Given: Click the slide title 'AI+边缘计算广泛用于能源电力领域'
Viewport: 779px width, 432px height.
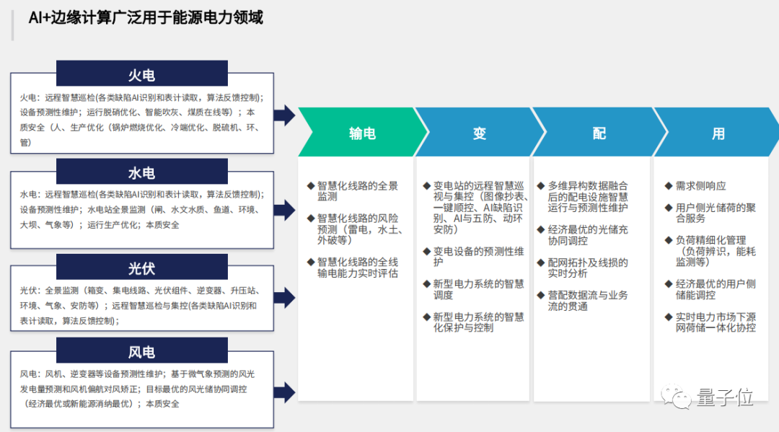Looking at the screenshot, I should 145,18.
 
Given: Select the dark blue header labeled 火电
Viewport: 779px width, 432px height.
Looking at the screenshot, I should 141,75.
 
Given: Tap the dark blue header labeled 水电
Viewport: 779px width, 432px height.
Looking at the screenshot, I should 141,173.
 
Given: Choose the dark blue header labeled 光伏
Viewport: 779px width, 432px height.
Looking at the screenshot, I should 141,268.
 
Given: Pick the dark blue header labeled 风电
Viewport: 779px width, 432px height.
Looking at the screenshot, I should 141,352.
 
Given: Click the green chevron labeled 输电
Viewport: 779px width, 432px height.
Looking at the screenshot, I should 361,133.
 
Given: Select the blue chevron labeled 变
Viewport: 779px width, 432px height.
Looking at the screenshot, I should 480,133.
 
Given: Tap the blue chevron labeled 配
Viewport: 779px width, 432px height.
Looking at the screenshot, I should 599,133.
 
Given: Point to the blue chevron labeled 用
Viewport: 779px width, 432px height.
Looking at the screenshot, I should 718,133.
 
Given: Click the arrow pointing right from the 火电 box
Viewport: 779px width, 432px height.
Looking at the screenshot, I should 285,115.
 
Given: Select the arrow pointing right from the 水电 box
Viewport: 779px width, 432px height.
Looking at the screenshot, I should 285,211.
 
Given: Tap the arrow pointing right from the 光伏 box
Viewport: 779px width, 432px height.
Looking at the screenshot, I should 285,296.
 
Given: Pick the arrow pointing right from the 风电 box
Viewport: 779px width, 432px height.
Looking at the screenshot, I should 285,392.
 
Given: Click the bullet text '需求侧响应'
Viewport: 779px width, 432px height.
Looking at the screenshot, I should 700,186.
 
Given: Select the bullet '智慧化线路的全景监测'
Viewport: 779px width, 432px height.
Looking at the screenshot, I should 356,191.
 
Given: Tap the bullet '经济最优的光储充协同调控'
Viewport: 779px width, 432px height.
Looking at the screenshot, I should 587,235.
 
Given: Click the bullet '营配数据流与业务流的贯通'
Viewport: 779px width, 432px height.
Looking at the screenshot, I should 587,301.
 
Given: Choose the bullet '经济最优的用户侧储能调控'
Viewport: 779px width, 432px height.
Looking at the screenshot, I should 715,289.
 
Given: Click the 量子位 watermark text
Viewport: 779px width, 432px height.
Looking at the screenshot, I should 725,397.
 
